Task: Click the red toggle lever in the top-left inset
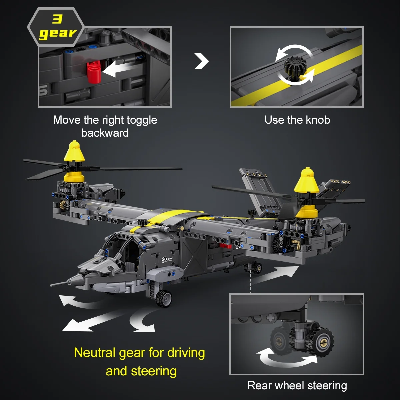pyautogui.click(x=94, y=72)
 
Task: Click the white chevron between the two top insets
pyautogui.click(x=201, y=61)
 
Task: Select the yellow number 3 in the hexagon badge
pyautogui.click(x=57, y=19)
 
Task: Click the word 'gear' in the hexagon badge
pyautogui.click(x=58, y=34)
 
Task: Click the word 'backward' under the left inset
pyautogui.click(x=105, y=133)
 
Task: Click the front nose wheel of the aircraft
pyautogui.click(x=164, y=298)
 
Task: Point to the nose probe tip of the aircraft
pyautogui.click(x=51, y=285)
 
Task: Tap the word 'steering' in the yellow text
pyautogui.click(x=154, y=371)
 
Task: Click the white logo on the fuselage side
pyautogui.click(x=167, y=259)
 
